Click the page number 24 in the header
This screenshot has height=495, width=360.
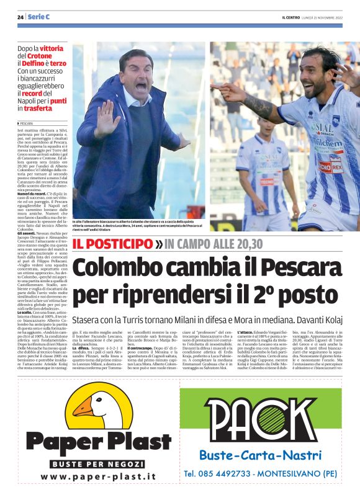pos(20,16)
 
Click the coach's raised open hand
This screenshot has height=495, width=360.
pos(107,120)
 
